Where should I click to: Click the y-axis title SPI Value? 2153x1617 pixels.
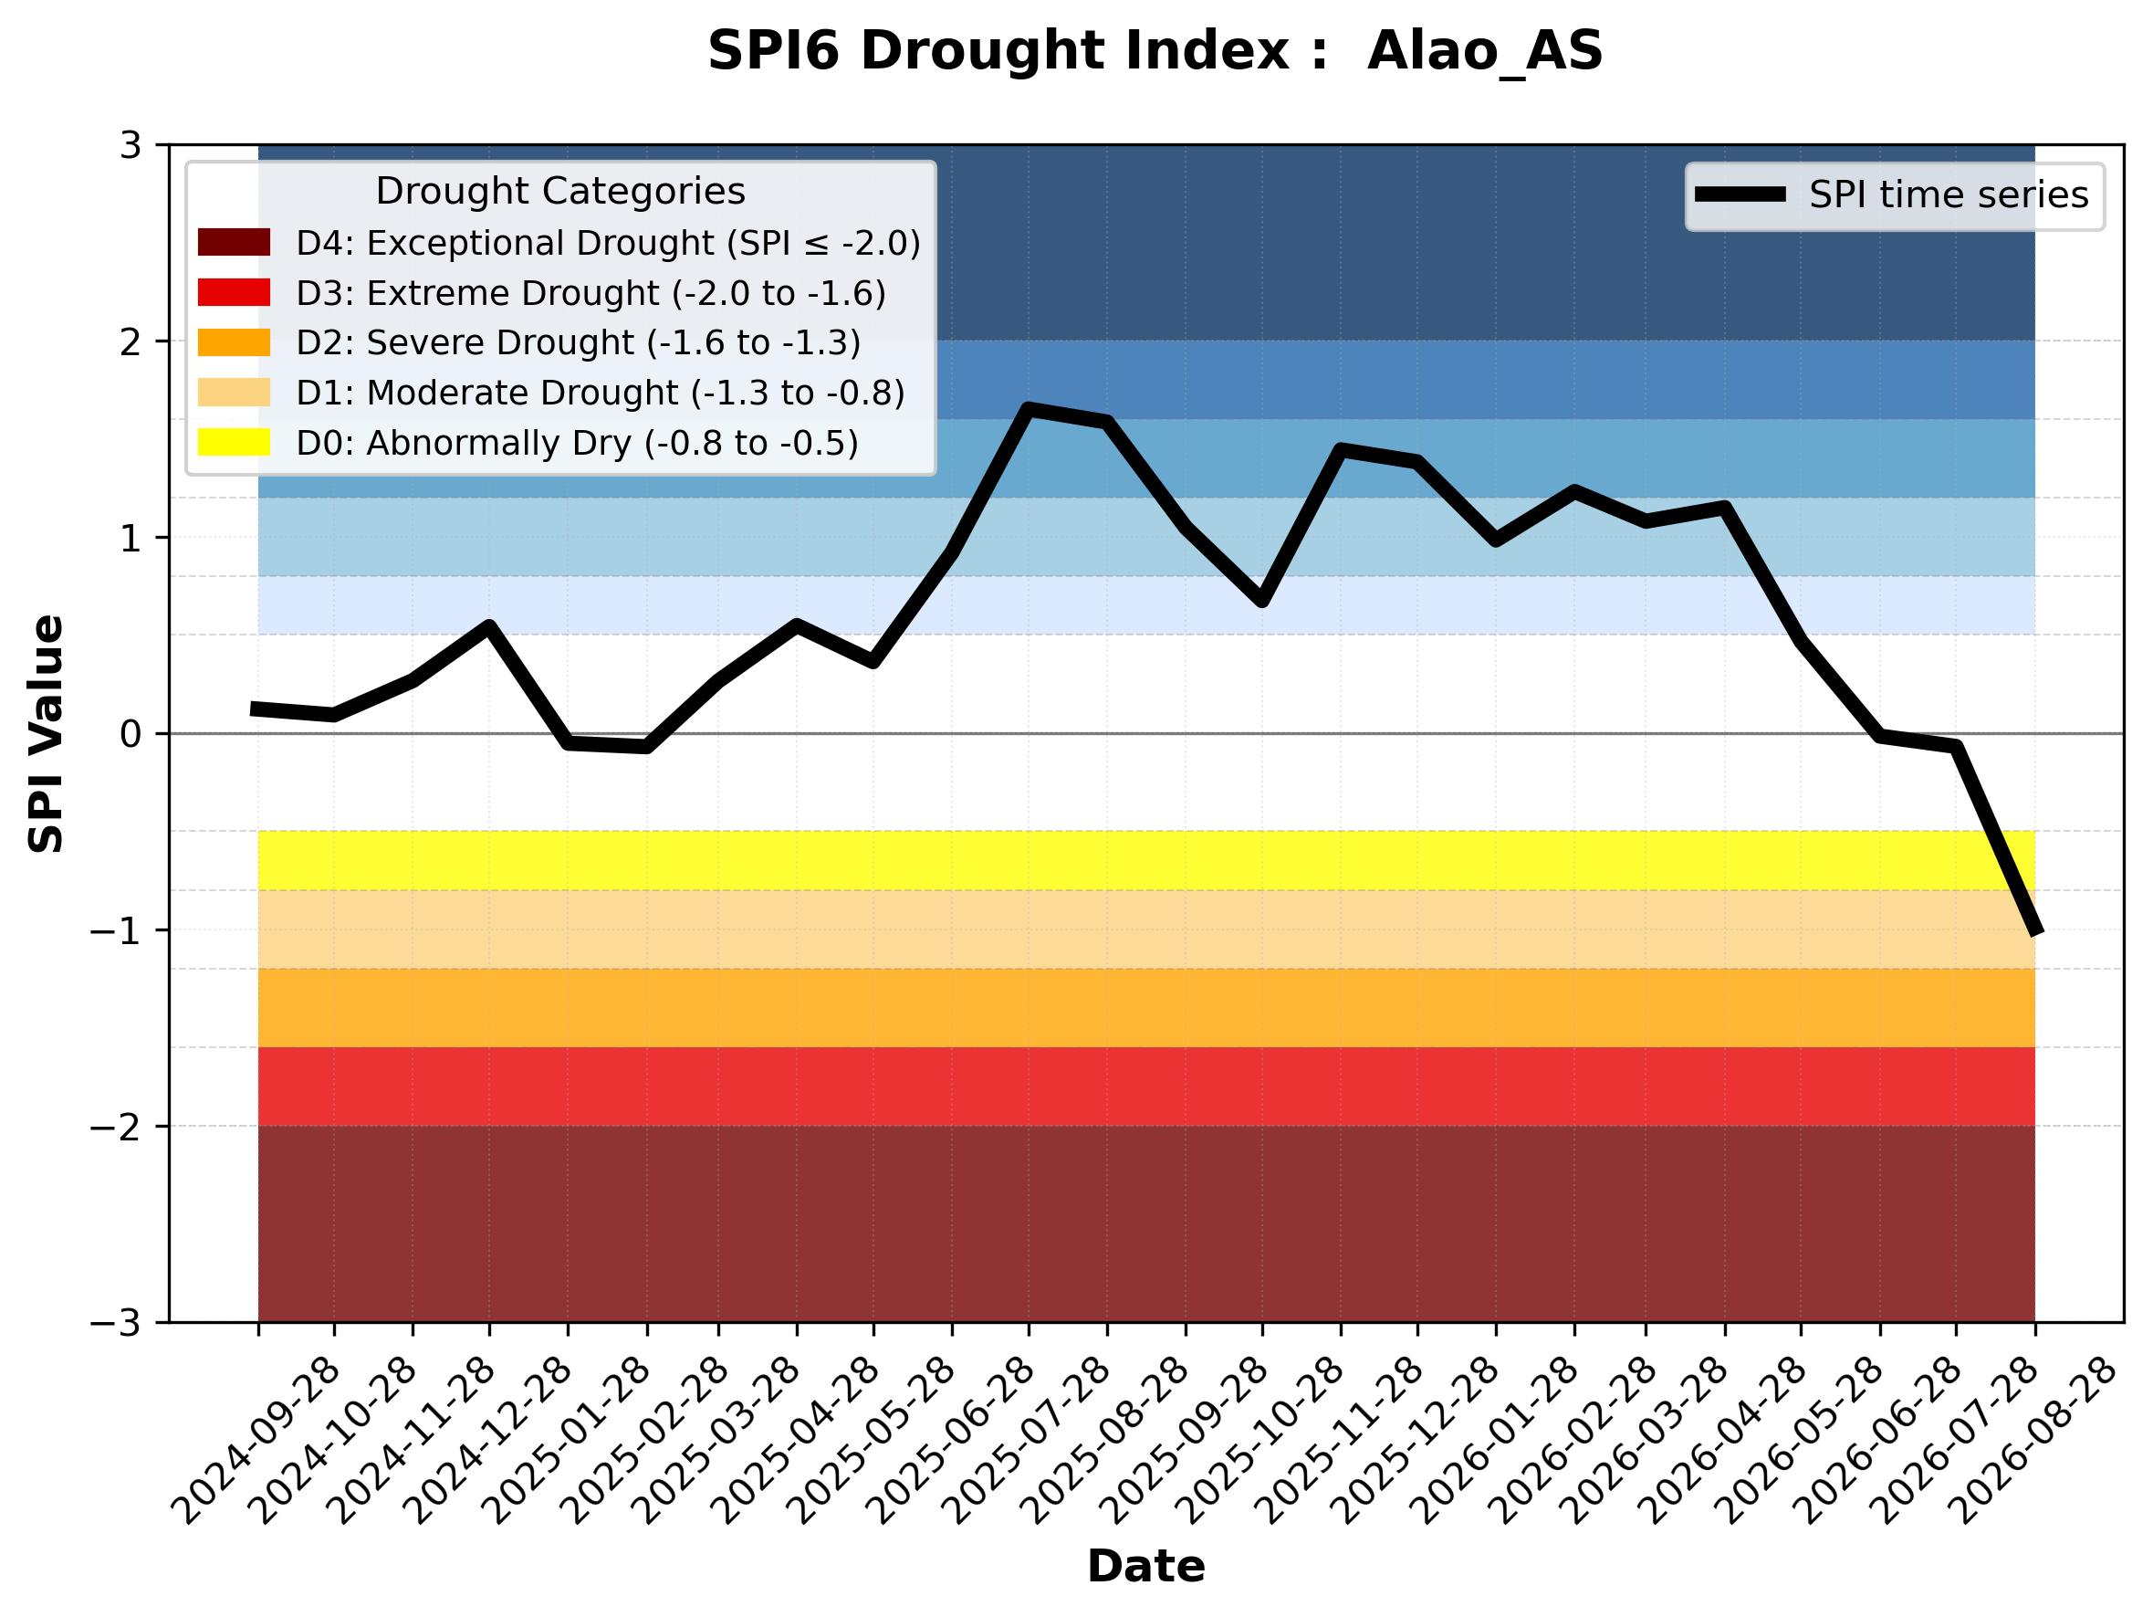point(46,734)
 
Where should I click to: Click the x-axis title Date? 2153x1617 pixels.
point(1145,1567)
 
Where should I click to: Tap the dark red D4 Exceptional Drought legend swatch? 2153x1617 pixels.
point(234,242)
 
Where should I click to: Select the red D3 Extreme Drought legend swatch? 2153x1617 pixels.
point(234,292)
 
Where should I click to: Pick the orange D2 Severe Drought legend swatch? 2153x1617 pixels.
point(234,342)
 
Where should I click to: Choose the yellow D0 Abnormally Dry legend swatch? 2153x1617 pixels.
point(234,442)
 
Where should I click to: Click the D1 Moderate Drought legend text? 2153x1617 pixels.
point(601,393)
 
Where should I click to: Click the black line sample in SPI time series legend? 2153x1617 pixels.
point(1740,194)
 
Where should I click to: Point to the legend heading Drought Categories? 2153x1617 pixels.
point(560,191)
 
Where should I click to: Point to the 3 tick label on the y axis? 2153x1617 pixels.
point(131,145)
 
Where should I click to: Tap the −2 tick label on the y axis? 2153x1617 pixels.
point(116,1127)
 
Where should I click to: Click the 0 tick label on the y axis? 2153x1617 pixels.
point(131,734)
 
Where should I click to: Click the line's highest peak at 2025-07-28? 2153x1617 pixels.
point(1028,409)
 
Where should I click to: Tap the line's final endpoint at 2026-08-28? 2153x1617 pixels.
point(2035,931)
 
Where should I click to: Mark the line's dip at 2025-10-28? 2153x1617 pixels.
point(1262,601)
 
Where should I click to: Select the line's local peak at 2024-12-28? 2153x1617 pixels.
point(488,626)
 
